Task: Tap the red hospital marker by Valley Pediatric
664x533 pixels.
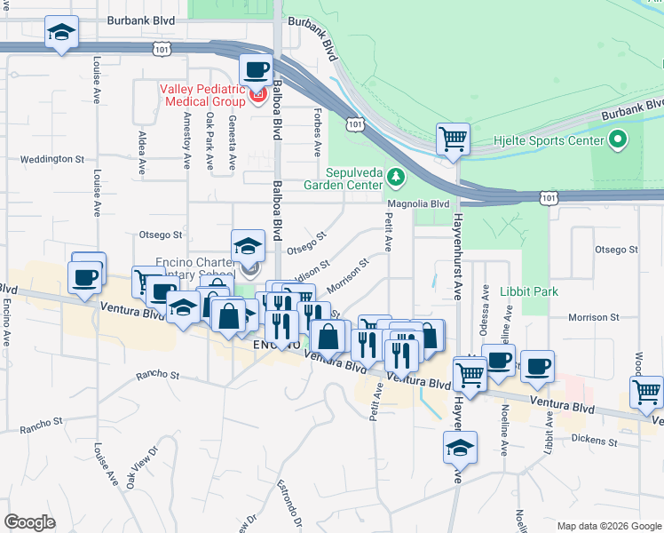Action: tap(258, 93)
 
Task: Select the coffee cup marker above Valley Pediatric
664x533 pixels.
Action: tap(257, 68)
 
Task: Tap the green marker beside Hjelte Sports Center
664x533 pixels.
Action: tap(617, 139)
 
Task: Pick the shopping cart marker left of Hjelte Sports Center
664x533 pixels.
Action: tap(453, 139)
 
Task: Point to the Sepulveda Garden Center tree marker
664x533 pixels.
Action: tap(395, 179)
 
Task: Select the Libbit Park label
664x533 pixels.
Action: tap(528, 291)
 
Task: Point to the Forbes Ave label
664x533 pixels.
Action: tap(317, 131)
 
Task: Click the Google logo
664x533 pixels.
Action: tap(30, 522)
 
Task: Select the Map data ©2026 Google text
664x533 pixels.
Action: tap(608, 525)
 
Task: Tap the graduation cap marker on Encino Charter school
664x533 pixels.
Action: tap(248, 245)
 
